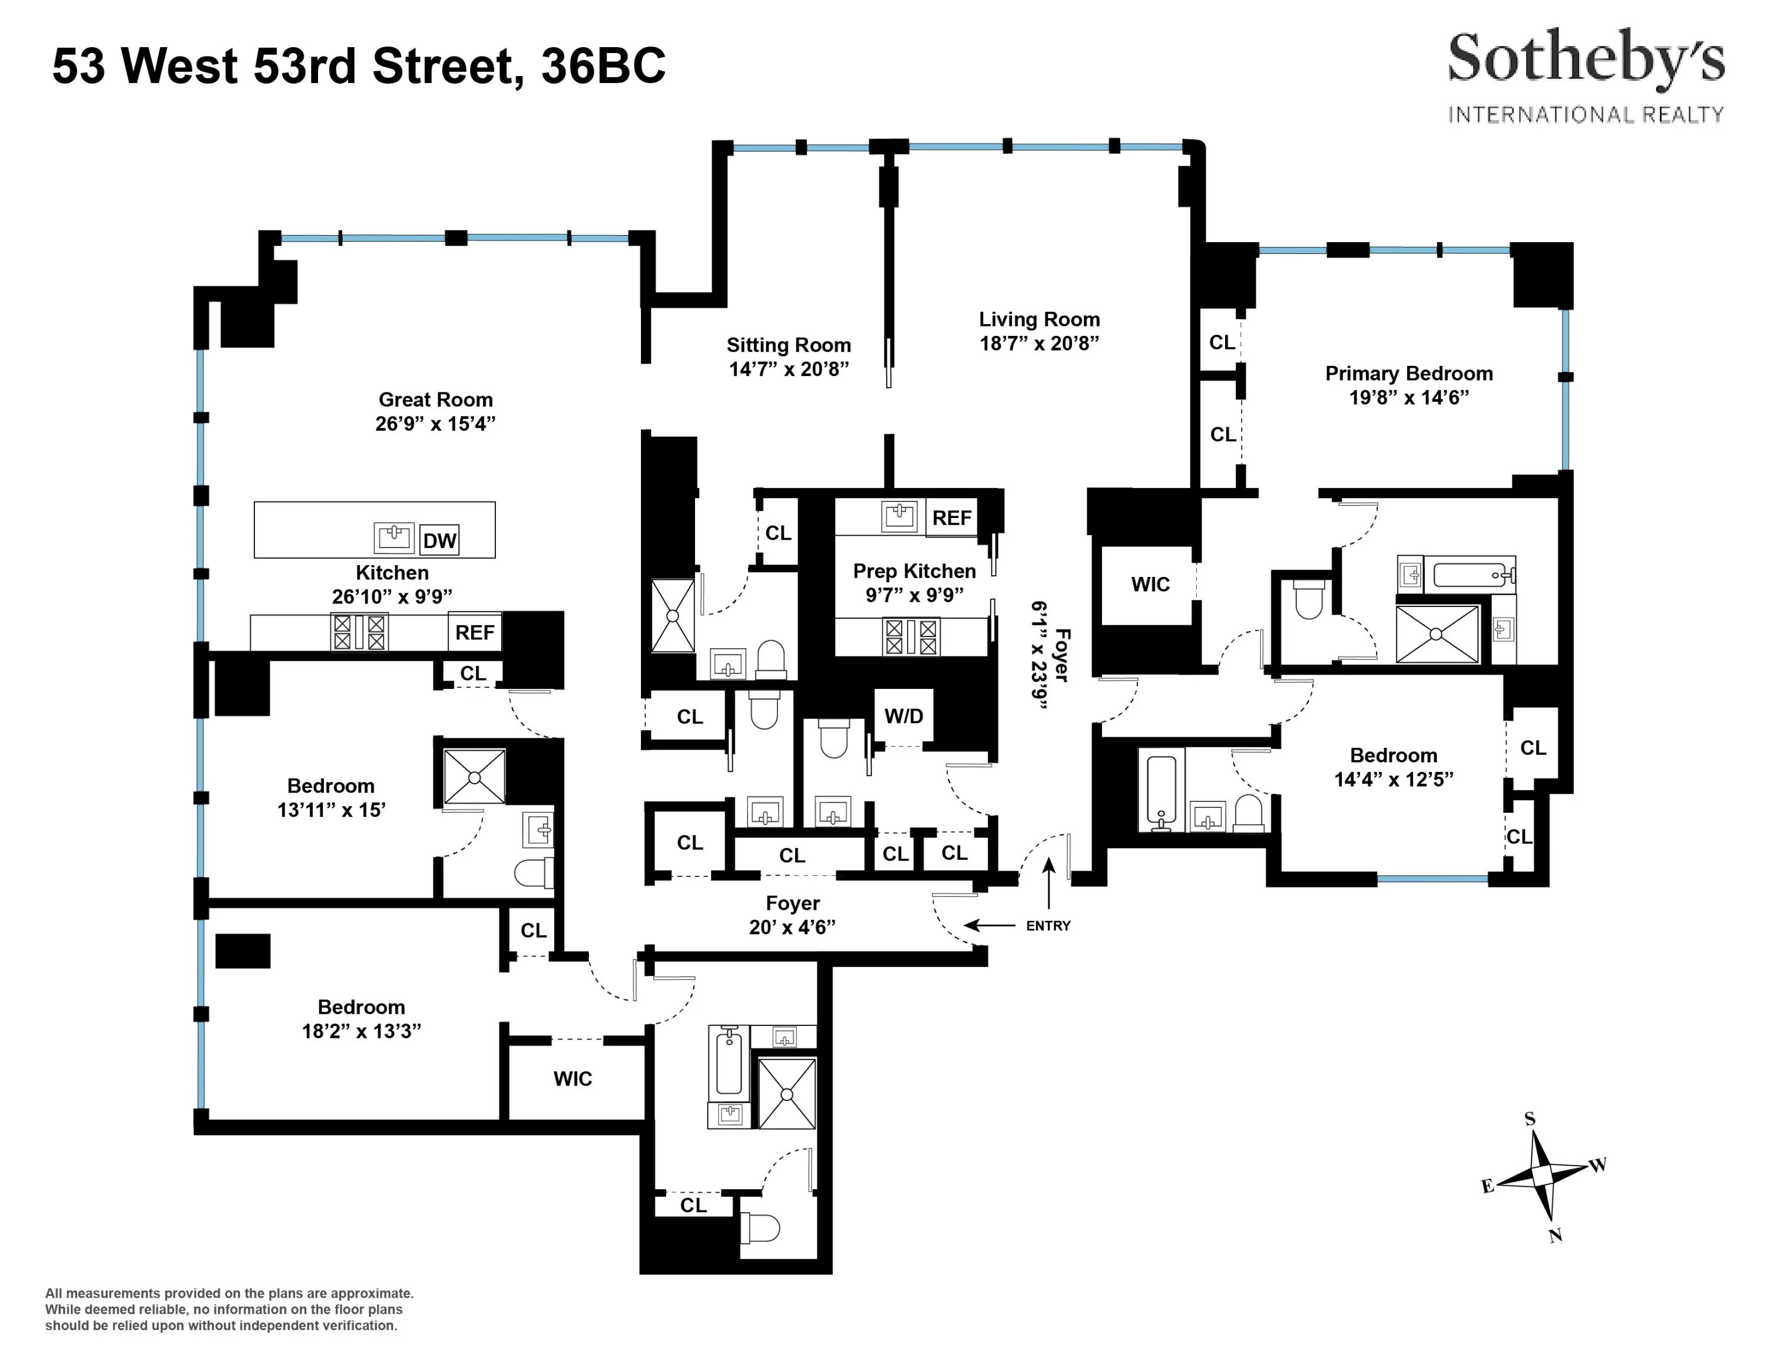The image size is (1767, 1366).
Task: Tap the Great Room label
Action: point(435,400)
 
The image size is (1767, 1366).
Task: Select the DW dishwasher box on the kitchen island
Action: point(439,540)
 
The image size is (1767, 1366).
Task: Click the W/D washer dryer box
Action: point(904,715)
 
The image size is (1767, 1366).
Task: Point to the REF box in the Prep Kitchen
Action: point(951,518)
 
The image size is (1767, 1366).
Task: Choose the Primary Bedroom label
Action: point(1408,374)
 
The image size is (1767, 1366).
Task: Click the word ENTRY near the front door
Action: point(1048,926)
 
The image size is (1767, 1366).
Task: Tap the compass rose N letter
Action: point(1555,1236)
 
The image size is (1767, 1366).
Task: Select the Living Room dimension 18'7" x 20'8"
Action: point(1039,343)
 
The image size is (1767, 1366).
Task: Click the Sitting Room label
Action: point(788,345)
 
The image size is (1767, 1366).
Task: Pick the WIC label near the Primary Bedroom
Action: point(1150,584)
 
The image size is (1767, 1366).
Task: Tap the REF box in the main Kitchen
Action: point(474,632)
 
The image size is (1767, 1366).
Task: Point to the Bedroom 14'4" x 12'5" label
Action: point(1393,766)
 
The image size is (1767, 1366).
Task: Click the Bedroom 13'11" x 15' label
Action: point(331,797)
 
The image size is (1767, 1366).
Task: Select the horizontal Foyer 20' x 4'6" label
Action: point(792,915)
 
